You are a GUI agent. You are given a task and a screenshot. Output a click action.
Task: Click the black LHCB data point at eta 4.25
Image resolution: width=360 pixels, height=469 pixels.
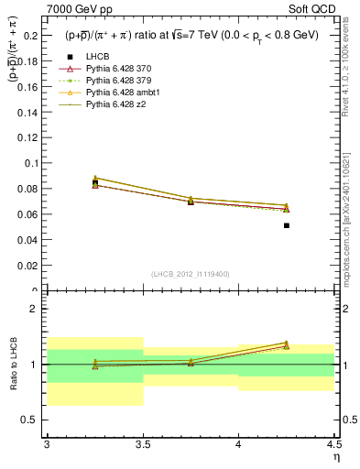(287, 225)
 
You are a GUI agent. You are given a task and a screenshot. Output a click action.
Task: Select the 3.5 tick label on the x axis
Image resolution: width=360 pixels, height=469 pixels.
(143, 444)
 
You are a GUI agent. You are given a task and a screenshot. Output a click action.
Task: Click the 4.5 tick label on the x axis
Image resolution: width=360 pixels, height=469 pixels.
(333, 444)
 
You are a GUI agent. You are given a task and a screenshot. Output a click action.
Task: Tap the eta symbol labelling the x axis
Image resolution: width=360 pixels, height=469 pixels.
(335, 456)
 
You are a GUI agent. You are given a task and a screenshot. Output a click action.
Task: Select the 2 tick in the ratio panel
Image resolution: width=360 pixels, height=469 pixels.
(36, 309)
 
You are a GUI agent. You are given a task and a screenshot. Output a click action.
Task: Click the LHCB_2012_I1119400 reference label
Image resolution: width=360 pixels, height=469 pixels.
(191, 274)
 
